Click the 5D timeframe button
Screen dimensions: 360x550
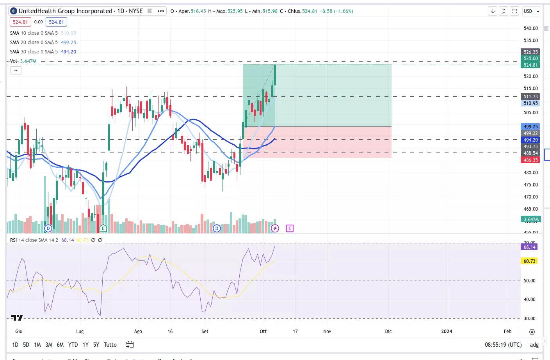[26, 345]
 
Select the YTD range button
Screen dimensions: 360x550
[73, 345]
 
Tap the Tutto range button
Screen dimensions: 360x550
[110, 345]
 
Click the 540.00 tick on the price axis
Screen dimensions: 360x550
[530, 28]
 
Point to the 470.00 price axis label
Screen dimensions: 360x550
[530, 197]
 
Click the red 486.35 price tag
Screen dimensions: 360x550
[530, 160]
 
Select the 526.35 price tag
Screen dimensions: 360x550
[530, 52]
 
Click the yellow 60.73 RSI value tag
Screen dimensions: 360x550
[529, 261]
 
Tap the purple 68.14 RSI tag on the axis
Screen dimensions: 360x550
[529, 247]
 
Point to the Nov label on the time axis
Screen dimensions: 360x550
[327, 332]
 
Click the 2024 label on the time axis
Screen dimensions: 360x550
[447, 332]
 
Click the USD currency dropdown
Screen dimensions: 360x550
[531, 11]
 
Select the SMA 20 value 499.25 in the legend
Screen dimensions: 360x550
[68, 43]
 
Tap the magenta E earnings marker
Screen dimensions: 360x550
[290, 228]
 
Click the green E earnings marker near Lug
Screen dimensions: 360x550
[103, 228]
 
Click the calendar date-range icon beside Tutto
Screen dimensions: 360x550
[130, 344]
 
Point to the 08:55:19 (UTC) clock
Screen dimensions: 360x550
[503, 345]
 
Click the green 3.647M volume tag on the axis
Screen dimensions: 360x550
[530, 219]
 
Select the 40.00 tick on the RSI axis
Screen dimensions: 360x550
[529, 300]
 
